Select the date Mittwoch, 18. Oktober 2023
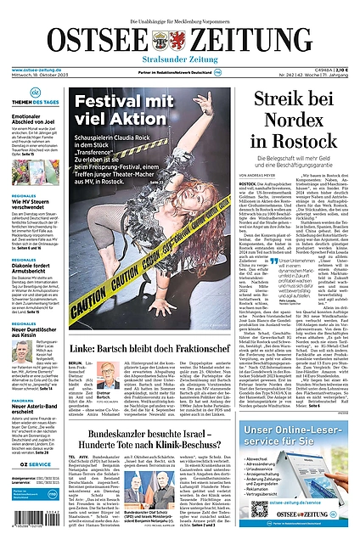[x=38, y=77]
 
